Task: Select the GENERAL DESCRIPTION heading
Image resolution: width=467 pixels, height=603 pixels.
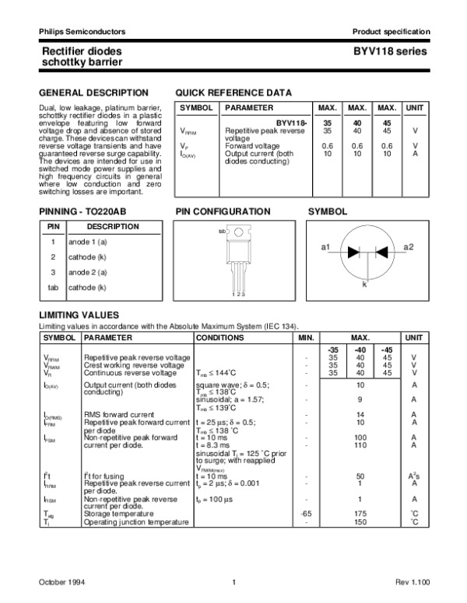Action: pyautogui.click(x=83, y=92)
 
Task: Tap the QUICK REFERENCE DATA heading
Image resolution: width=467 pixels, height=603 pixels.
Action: pyautogui.click(x=233, y=92)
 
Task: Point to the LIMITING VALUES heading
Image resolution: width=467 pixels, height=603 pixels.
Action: pyautogui.click(x=79, y=314)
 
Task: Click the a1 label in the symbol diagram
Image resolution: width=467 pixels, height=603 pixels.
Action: pyautogui.click(x=326, y=247)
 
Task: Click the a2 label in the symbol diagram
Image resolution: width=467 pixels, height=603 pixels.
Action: pyautogui.click(x=409, y=247)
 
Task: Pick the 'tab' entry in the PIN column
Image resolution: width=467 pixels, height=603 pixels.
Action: pyautogui.click(x=53, y=288)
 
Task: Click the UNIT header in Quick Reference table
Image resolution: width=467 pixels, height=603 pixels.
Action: pyautogui.click(x=416, y=107)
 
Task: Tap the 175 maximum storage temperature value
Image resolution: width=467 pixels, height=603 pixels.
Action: pyautogui.click(x=360, y=514)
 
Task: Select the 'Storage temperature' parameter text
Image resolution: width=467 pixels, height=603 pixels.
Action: pyautogui.click(x=118, y=514)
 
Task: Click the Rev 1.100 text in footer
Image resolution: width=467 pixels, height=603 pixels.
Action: pyautogui.click(x=412, y=582)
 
